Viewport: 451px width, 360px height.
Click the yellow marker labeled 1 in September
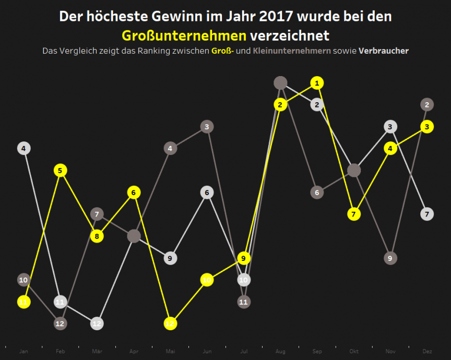[317, 82]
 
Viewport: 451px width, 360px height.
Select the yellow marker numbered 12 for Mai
[170, 323]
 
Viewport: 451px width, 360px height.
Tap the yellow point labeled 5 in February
[60, 170]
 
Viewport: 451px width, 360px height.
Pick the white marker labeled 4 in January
[23, 148]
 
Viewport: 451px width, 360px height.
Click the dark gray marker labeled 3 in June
[207, 126]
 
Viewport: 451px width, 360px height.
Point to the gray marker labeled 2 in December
[427, 104]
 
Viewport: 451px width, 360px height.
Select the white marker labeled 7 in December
[427, 214]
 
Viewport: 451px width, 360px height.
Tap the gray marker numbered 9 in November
[390, 258]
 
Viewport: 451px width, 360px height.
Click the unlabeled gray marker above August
[280, 82]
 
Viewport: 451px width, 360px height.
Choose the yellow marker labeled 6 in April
[134, 192]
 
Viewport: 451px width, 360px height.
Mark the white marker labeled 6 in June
[207, 192]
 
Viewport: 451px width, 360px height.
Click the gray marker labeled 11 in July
[244, 302]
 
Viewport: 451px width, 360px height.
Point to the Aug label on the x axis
[280, 352]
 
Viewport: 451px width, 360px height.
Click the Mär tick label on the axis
[97, 352]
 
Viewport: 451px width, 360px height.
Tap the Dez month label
[427, 352]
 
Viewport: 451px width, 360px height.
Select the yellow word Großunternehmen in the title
[184, 35]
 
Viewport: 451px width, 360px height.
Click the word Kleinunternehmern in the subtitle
[291, 51]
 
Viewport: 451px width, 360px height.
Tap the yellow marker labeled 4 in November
[390, 148]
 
